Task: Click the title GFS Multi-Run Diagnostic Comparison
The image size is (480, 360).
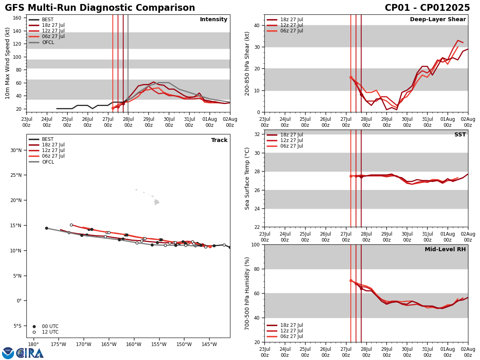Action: click(100, 8)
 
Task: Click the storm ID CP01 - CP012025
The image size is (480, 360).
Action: click(427, 8)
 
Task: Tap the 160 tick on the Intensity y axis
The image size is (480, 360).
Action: click(17, 18)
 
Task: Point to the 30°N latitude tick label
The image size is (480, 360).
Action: click(16, 150)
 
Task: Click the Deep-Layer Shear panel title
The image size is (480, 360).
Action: click(438, 20)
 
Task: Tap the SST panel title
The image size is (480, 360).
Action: click(460, 135)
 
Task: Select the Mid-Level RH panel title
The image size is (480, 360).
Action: click(445, 250)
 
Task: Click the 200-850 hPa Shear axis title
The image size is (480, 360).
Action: click(247, 63)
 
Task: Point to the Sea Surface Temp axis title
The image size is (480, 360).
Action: click(247, 178)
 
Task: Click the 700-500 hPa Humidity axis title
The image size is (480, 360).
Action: click(247, 293)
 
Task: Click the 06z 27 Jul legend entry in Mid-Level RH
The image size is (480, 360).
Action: click(291, 336)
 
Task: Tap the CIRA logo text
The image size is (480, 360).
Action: click(30, 353)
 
